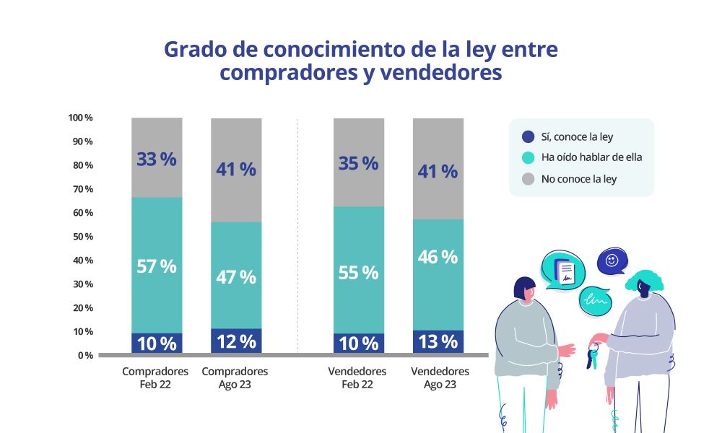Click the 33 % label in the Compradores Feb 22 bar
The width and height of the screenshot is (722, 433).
pyautogui.click(x=157, y=159)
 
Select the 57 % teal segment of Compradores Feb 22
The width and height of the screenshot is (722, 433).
pyautogui.click(x=157, y=266)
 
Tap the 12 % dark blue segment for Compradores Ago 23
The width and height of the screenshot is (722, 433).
pyautogui.click(x=236, y=341)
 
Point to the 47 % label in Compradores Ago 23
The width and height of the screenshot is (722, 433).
pyautogui.click(x=236, y=277)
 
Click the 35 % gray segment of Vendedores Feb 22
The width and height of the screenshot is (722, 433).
pyautogui.click(x=359, y=163)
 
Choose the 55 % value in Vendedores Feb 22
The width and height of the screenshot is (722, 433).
pyautogui.click(x=359, y=273)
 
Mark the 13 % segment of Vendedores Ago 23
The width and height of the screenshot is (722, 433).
pyautogui.click(x=438, y=341)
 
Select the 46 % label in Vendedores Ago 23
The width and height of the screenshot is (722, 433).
pyautogui.click(x=438, y=257)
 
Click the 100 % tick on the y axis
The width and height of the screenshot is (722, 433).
pyautogui.click(x=80, y=118)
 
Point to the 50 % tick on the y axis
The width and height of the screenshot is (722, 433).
pyautogui.click(x=82, y=237)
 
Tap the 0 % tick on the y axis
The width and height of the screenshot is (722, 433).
pyautogui.click(x=85, y=355)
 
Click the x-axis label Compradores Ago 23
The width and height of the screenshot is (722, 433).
pyautogui.click(x=235, y=377)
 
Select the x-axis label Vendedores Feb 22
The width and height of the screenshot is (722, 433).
pyautogui.click(x=357, y=377)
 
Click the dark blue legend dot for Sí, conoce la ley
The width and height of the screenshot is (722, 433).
pyautogui.click(x=528, y=136)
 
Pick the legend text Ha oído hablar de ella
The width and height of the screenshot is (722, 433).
pyautogui.click(x=591, y=157)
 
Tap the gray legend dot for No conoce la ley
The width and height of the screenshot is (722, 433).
pyautogui.click(x=528, y=178)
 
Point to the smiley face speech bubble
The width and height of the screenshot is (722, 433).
pyautogui.click(x=612, y=262)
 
